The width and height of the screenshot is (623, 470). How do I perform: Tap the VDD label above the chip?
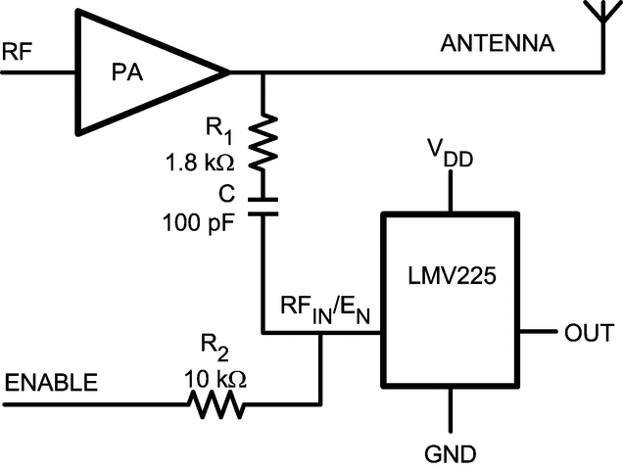click(x=450, y=154)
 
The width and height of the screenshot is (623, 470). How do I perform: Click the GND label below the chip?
click(x=450, y=453)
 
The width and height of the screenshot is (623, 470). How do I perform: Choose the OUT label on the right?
click(x=588, y=333)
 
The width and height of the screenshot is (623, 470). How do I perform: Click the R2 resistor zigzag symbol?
click(x=217, y=400)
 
